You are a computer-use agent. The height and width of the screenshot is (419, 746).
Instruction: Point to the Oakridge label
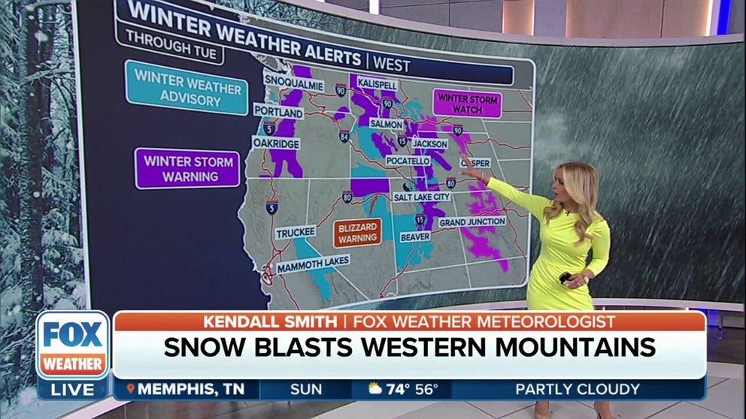(275, 143)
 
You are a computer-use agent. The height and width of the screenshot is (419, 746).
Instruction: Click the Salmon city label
(386, 123)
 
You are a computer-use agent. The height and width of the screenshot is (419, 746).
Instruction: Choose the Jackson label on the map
(430, 143)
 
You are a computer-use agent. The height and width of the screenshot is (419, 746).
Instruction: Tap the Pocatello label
(409, 161)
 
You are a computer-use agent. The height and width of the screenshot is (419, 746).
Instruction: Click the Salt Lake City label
(422, 196)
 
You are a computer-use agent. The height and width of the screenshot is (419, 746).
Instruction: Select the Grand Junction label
(472, 222)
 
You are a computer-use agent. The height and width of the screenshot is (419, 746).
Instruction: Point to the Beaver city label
(414, 235)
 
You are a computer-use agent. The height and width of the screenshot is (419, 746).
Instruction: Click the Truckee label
(296, 233)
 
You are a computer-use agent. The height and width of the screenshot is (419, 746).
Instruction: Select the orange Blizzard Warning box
(358, 232)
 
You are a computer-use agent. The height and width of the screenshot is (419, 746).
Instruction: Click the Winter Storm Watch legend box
(467, 103)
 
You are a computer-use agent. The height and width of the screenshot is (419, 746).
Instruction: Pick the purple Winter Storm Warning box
(187, 169)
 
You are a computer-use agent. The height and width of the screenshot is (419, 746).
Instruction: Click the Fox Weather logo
(72, 345)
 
